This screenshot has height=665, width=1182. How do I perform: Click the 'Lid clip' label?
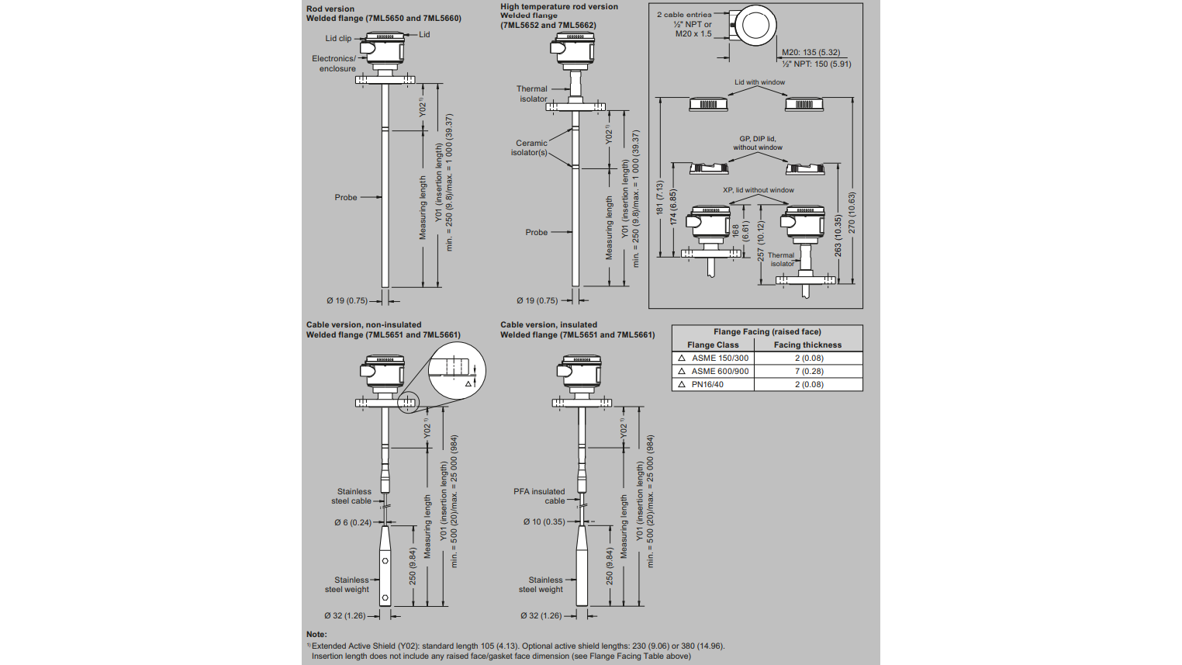(338, 38)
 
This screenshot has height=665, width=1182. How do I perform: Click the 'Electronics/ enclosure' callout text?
(334, 64)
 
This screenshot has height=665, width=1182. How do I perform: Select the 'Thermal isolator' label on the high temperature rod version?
(532, 94)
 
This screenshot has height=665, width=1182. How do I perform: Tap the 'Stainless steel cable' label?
(353, 496)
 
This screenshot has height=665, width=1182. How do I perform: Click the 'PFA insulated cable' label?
(539, 496)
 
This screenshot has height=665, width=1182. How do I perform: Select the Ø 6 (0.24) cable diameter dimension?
(353, 522)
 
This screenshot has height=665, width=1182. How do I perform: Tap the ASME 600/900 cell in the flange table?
(720, 371)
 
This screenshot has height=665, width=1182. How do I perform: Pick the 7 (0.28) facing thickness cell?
(808, 371)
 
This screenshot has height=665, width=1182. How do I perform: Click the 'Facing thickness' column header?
(807, 345)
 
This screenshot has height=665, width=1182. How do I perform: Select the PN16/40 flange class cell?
(707, 384)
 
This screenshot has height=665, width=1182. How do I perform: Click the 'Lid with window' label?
(759, 82)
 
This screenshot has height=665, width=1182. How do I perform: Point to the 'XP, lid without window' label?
(758, 190)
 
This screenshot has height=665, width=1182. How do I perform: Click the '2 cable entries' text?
(683, 15)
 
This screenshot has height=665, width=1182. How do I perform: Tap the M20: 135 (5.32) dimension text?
(810, 53)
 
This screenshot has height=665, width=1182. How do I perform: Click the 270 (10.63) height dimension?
(852, 213)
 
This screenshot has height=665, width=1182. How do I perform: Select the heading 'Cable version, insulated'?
(548, 325)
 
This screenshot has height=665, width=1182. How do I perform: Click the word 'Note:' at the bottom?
(316, 635)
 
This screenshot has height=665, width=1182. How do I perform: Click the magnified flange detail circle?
(456, 369)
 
